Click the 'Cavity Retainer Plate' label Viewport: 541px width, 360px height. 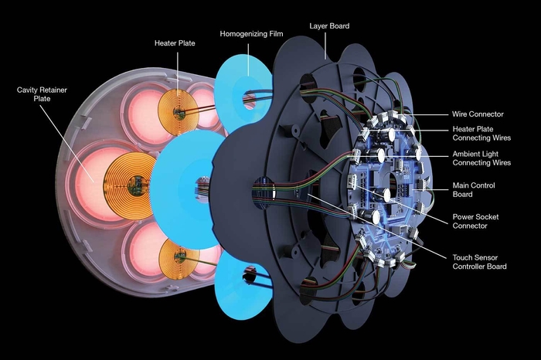(41, 96)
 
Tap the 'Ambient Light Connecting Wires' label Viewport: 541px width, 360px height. (481, 158)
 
